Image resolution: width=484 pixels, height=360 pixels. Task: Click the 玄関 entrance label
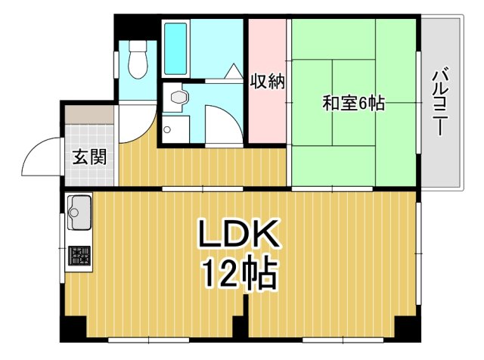coord(89,157)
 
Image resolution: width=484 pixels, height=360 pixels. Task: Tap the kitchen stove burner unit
coord(79,257)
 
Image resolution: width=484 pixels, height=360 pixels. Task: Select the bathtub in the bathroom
coord(175,48)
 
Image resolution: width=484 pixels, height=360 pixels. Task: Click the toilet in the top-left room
coord(137,59)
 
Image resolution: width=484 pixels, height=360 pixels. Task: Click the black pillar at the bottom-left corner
coord(73,329)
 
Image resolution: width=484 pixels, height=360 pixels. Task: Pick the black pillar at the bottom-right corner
coord(406,329)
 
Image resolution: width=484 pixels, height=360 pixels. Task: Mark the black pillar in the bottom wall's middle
coord(240,327)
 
